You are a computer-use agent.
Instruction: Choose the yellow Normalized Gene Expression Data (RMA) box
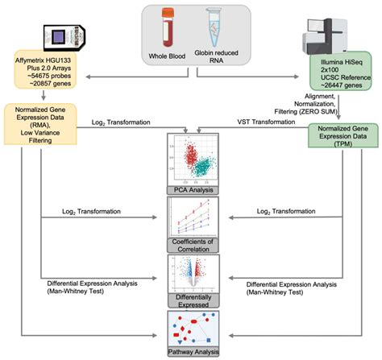pyautogui.click(x=42, y=122)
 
